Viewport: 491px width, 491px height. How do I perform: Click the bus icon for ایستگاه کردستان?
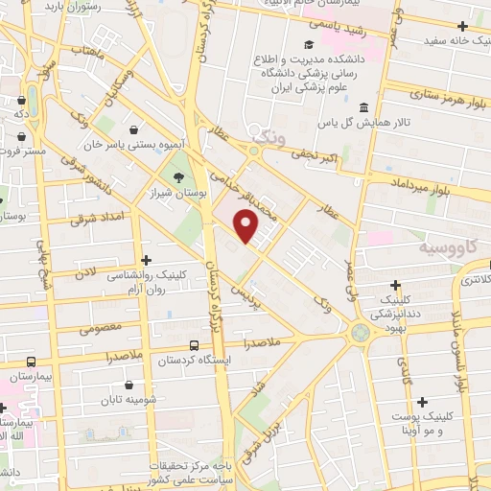click(x=195, y=345)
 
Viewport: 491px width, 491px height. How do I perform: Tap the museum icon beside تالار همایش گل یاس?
click(x=363, y=107)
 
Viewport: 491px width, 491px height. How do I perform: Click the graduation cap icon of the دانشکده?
click(x=309, y=45)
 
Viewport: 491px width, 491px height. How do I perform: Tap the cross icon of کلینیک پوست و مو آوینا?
click(x=422, y=401)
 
